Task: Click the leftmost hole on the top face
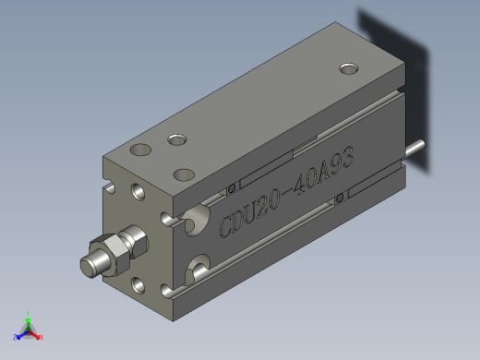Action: [x=140, y=149]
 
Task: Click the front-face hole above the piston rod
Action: [x=139, y=192]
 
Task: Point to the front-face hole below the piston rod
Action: [x=139, y=284]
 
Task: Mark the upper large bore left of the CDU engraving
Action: [x=198, y=219]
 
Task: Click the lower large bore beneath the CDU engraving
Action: [x=199, y=270]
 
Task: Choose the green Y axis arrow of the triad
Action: [x=29, y=317]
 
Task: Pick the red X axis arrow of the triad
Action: [x=39, y=336]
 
